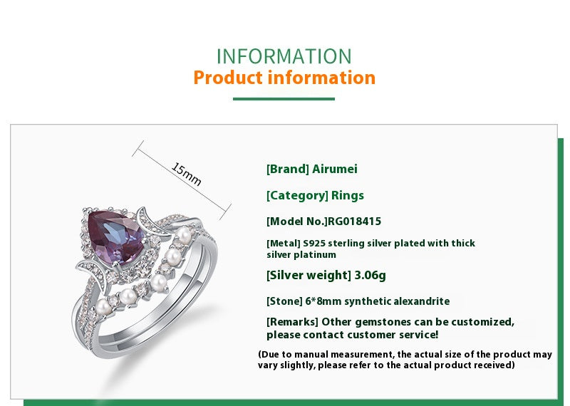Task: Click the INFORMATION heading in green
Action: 284,56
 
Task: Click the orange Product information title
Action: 284,78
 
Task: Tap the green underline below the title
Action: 284,99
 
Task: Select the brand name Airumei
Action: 335,170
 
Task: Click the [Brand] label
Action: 288,170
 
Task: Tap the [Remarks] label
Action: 292,322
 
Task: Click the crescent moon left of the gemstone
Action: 89,274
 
